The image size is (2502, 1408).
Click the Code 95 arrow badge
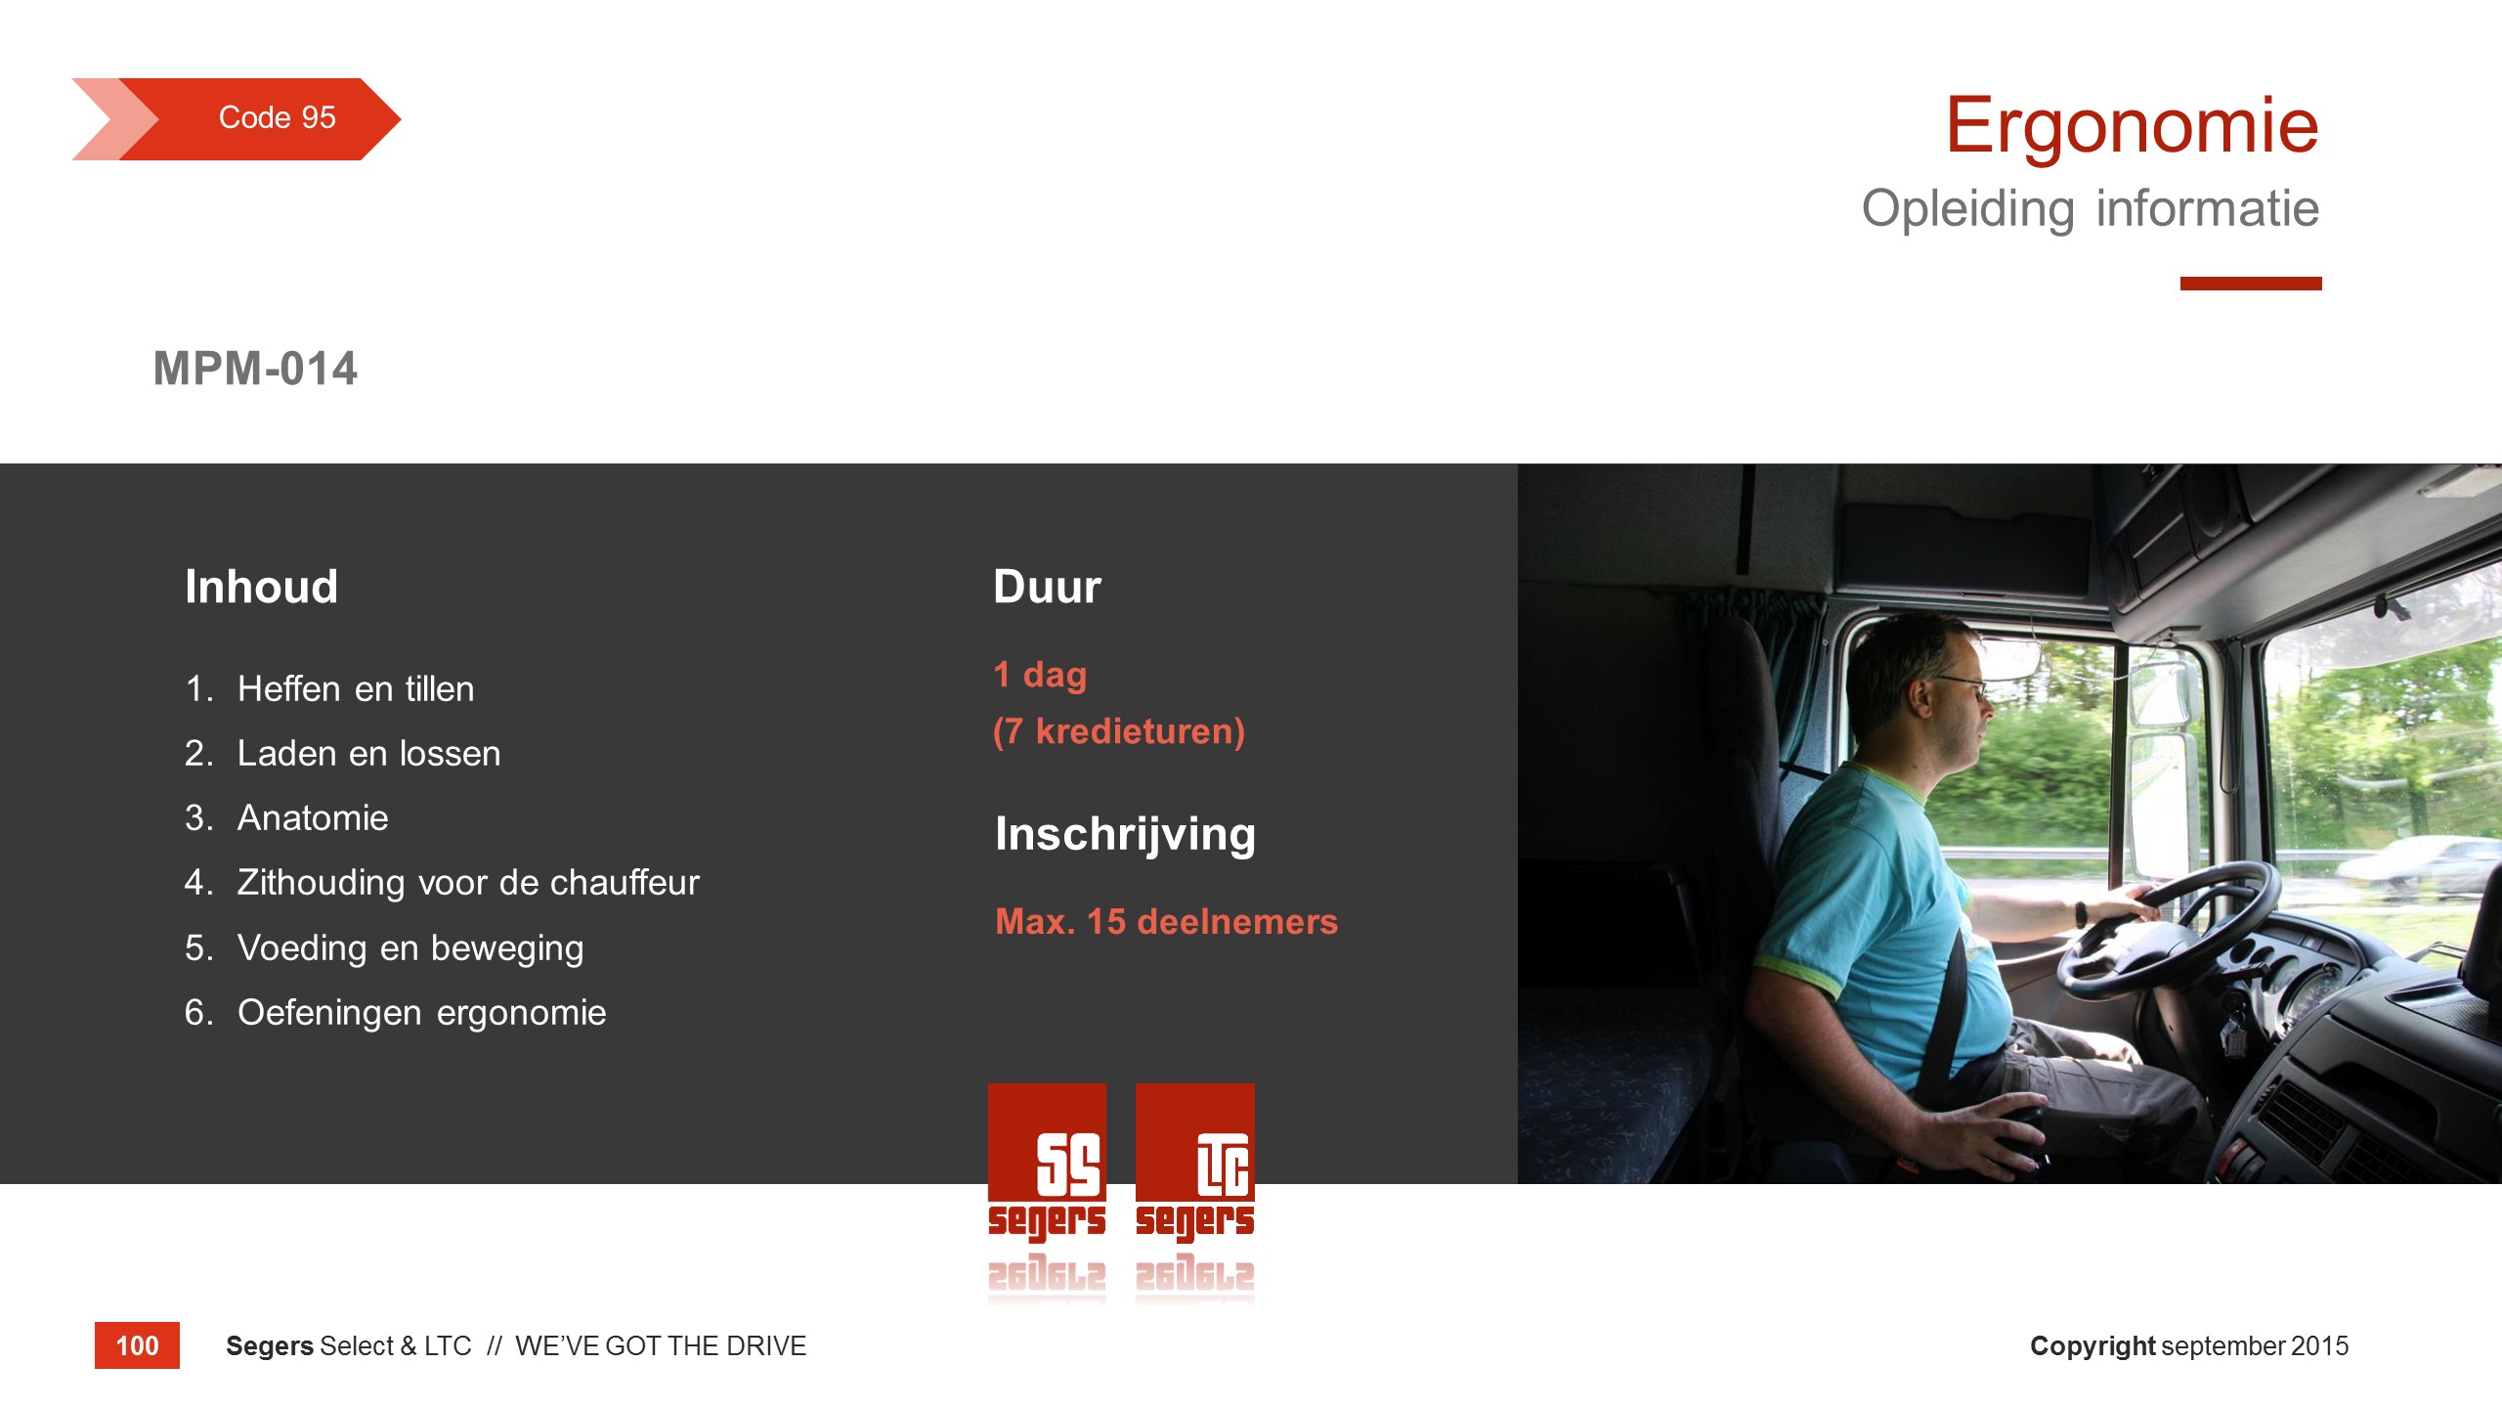pos(237,118)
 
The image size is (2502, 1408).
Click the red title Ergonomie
pos(2132,126)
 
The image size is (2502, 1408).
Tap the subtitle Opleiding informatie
pos(2090,209)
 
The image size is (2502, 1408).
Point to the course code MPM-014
pos(255,369)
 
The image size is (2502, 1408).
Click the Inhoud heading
pos(261,587)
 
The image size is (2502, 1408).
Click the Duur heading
pos(1047,587)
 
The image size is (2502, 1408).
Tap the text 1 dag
pos(1040,675)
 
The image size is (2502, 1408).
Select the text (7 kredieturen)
pos(1119,731)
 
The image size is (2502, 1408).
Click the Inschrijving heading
pos(1125,835)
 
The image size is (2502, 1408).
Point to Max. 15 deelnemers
pos(1166,921)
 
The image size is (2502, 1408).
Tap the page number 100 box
pos(137,1345)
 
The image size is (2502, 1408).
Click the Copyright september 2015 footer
pos(2189,1346)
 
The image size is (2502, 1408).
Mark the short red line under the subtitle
pos(2251,284)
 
